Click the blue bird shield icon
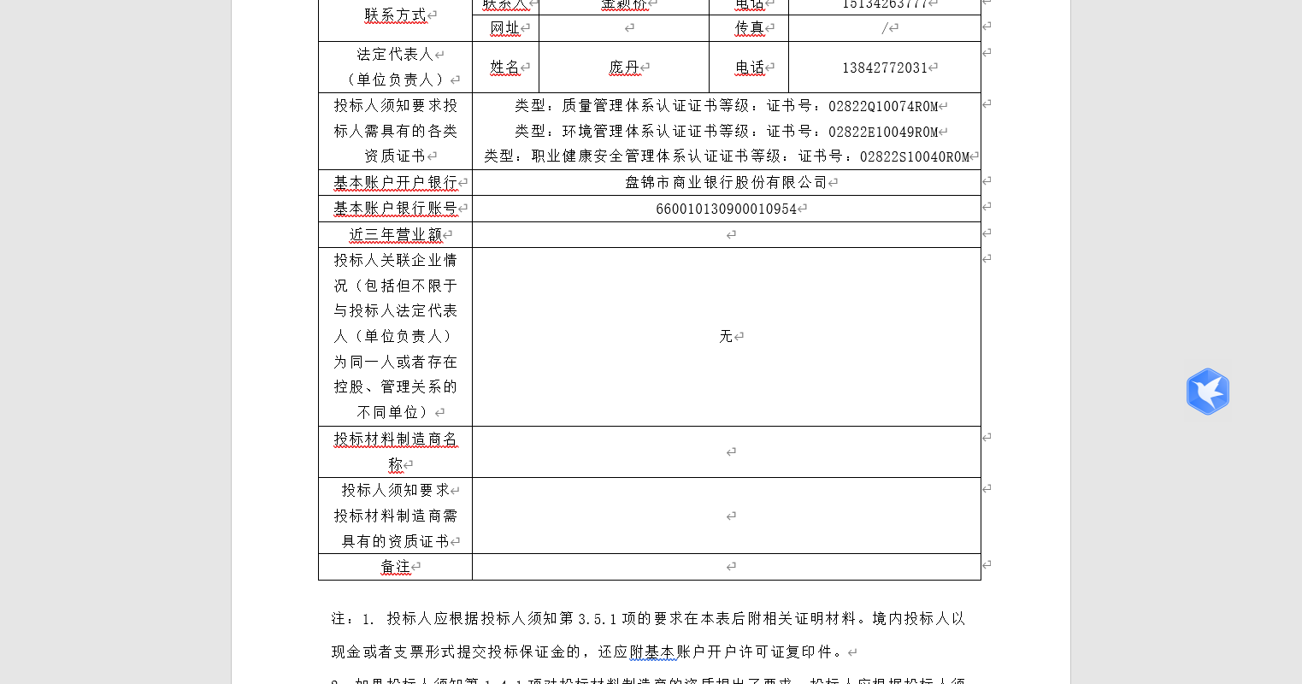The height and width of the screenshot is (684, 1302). [x=1207, y=392]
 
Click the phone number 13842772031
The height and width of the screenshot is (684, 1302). [x=885, y=68]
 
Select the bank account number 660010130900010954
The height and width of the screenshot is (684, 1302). [x=726, y=209]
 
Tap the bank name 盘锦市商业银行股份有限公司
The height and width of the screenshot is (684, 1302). [x=726, y=182]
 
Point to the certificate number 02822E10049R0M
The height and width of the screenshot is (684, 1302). [x=883, y=133]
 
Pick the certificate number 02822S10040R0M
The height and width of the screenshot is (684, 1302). [x=915, y=157]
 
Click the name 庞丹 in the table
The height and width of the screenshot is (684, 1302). [x=624, y=68]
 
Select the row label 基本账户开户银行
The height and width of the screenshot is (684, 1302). [x=395, y=182]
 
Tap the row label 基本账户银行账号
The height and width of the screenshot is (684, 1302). [x=395, y=209]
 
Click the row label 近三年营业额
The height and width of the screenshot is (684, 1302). [x=395, y=234]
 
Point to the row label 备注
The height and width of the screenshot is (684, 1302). [x=395, y=567]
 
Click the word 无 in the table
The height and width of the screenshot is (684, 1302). [x=726, y=336]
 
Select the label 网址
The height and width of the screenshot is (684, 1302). [x=504, y=28]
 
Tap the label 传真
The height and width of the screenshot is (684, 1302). [x=749, y=28]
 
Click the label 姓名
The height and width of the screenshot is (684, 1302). [x=504, y=68]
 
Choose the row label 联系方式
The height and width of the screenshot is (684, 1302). [x=395, y=15]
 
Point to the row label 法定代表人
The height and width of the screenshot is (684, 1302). [x=395, y=54]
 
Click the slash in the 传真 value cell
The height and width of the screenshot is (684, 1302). [x=885, y=28]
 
